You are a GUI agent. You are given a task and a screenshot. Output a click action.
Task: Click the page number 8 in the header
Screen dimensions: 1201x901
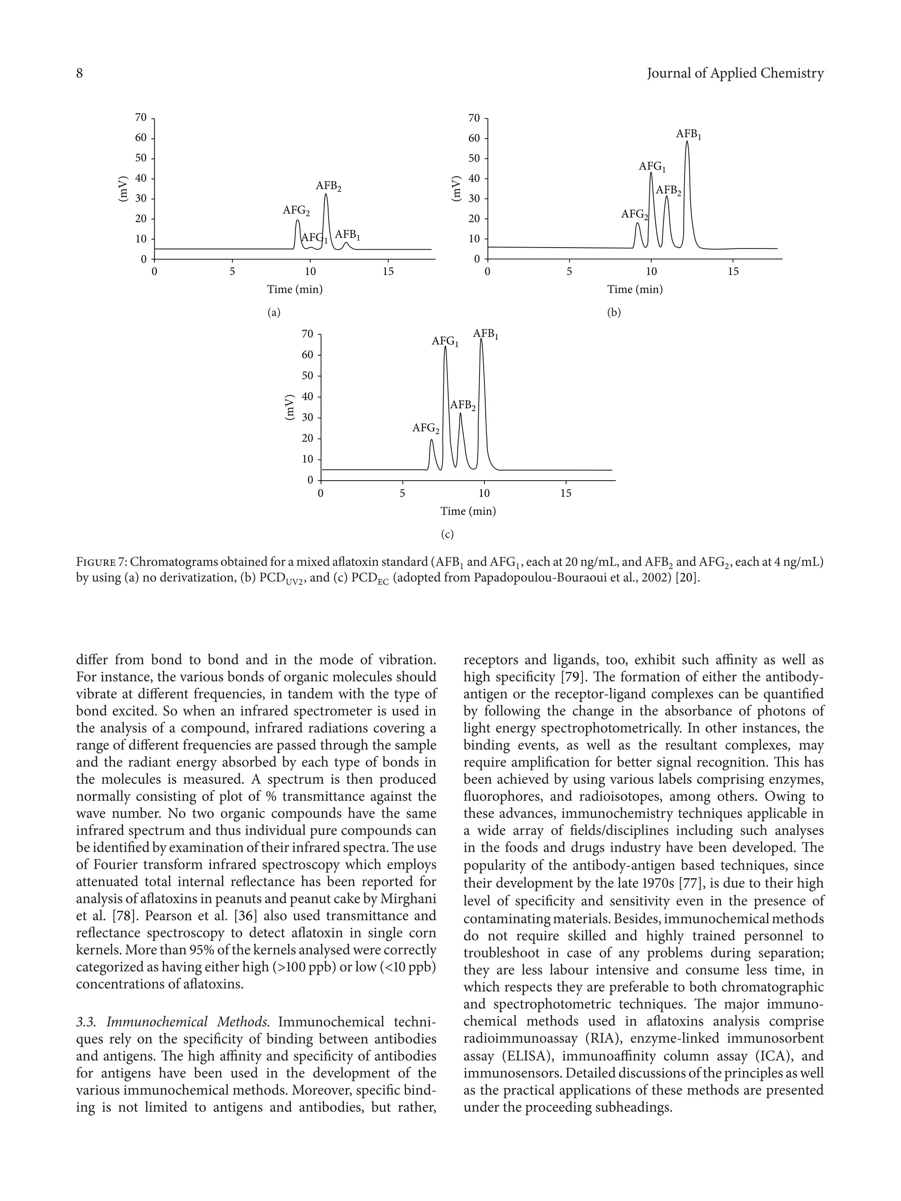(79, 73)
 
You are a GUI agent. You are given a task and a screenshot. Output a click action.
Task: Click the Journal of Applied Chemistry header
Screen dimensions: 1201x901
(735, 73)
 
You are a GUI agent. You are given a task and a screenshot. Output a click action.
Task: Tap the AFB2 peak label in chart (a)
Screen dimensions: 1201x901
(329, 187)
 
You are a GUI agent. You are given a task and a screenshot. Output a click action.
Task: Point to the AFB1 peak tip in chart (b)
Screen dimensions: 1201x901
(687, 142)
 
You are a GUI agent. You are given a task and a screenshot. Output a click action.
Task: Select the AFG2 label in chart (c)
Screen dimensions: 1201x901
(426, 428)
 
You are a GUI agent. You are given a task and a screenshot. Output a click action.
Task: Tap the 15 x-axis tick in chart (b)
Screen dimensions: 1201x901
(733, 271)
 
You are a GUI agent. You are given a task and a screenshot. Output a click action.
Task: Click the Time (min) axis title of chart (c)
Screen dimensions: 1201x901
(468, 511)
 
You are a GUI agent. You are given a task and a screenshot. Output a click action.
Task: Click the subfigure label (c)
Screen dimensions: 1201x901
(447, 534)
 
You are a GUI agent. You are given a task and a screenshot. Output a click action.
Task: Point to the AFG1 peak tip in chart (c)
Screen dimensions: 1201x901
(445, 347)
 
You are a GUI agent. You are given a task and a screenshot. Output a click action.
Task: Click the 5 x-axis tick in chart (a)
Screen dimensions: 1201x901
(232, 271)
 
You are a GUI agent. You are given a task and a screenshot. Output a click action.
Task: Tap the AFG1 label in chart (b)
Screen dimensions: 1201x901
(652, 167)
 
